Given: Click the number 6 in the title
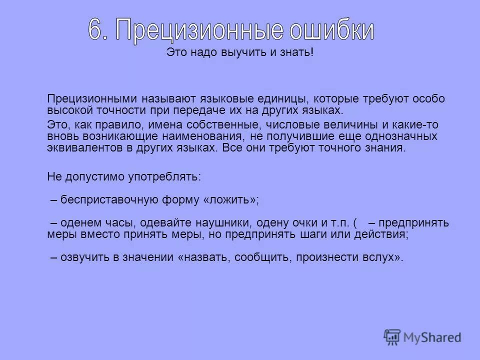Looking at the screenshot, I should pos(96,30).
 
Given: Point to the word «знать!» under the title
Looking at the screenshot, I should pos(298,53).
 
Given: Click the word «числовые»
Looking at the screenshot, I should pos(289,125).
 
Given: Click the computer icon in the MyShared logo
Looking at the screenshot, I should pos(393,337).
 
